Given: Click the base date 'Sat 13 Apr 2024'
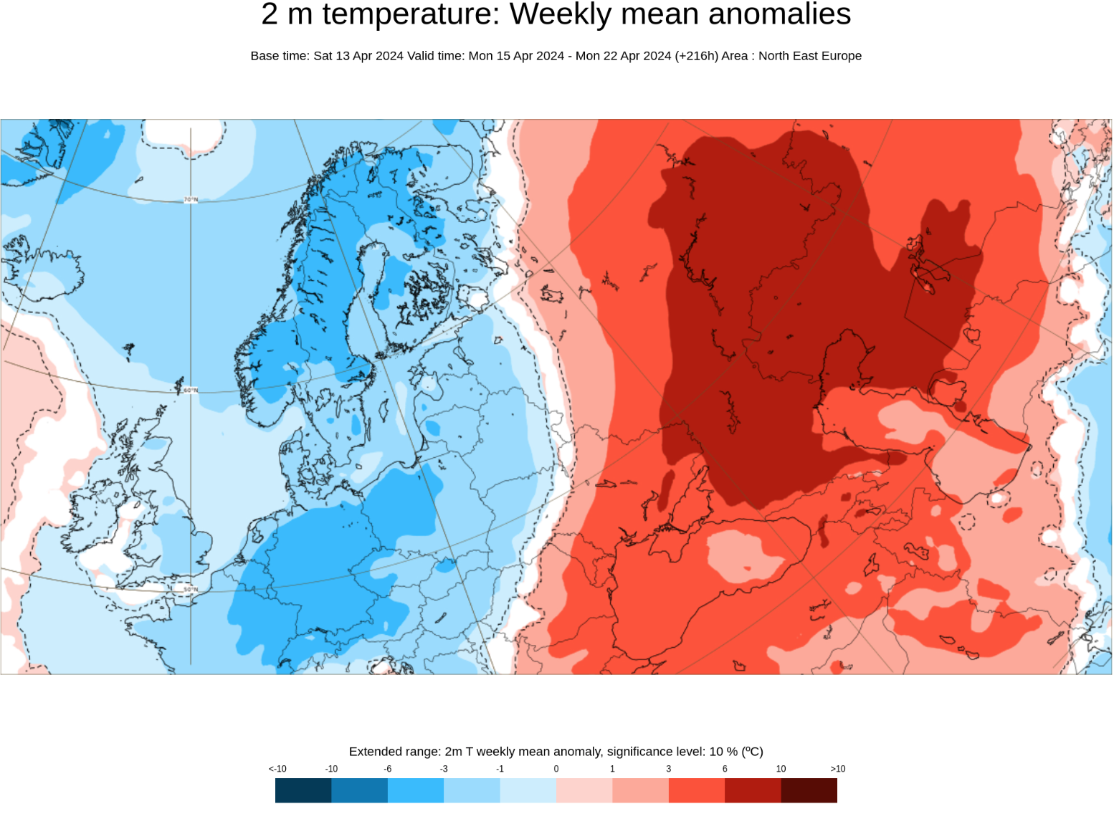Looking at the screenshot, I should (358, 56).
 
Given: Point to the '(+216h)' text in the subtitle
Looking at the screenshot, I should (696, 56).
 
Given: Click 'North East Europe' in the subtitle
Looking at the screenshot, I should (810, 56).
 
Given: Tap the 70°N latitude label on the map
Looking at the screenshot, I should (191, 200).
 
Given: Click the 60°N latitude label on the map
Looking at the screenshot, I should (191, 391).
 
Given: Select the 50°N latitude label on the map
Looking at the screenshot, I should (191, 590).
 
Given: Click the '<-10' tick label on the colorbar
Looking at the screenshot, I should (277, 769).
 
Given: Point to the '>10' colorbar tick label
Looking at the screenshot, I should (837, 769).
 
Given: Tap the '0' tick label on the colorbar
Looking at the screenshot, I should (556, 769).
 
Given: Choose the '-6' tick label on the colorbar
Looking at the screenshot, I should (387, 769).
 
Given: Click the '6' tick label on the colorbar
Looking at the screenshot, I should (725, 769).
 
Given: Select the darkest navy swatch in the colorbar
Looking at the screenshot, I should (303, 790).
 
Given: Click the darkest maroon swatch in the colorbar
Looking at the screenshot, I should (809, 790).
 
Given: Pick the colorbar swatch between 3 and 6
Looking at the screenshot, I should (697, 790).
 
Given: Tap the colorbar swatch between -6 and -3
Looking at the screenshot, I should (416, 790).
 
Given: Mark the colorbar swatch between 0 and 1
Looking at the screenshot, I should (584, 790).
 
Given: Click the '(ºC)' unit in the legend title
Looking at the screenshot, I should (752, 752).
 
